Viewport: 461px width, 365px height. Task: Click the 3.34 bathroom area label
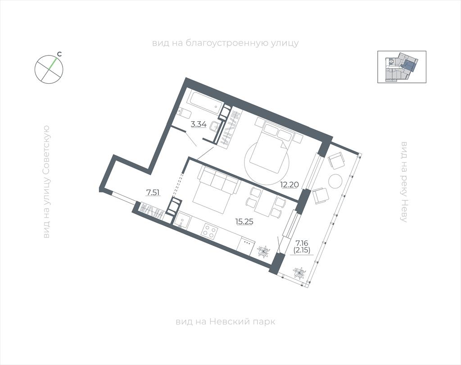(x=199, y=124)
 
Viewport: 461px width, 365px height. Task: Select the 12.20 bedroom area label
(x=289, y=185)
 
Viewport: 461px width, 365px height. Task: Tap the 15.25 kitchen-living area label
(x=244, y=222)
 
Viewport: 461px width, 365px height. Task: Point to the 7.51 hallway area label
(x=153, y=193)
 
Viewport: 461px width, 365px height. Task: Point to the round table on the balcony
(x=335, y=182)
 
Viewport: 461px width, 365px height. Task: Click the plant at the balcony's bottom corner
(x=299, y=274)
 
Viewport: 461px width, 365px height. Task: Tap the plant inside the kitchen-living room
(x=263, y=252)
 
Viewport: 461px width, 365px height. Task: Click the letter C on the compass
(x=59, y=54)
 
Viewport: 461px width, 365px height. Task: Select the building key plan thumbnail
(x=402, y=67)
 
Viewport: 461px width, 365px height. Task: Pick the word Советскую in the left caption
(x=46, y=150)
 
